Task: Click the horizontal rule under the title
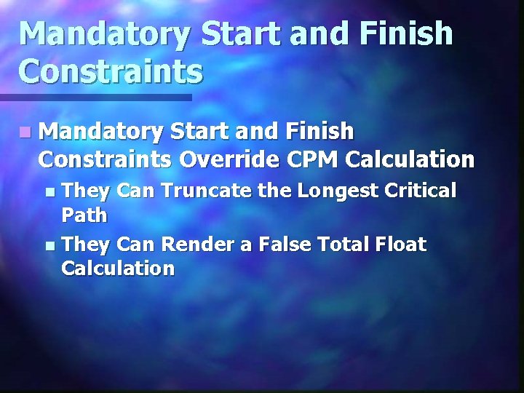click(95, 97)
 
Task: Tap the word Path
click(84, 215)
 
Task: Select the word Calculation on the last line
click(118, 269)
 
